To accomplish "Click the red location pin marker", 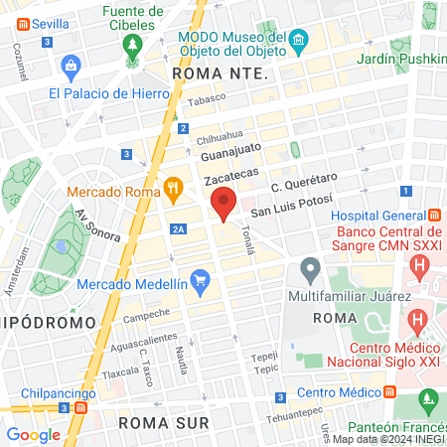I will (223, 203).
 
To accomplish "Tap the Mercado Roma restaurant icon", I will (174, 186).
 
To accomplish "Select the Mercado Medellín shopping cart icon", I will (200, 282).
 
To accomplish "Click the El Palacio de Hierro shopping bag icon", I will (71, 68).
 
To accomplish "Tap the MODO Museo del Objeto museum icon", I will (300, 39).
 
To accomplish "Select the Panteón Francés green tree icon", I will (427, 401).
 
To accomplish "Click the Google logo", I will (33, 435).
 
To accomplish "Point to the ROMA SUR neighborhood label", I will (164, 422).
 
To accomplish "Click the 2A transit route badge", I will (178, 229).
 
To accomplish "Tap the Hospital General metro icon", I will (434, 216).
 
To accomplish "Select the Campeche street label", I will (146, 317).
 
